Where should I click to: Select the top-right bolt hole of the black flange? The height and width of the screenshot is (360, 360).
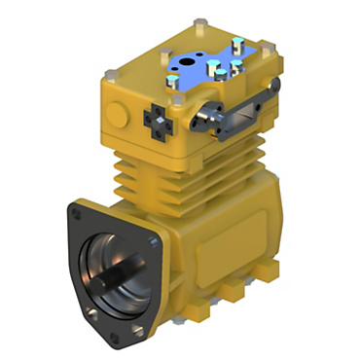(x=156, y=234)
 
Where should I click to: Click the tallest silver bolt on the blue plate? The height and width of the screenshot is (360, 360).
(x=210, y=65)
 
